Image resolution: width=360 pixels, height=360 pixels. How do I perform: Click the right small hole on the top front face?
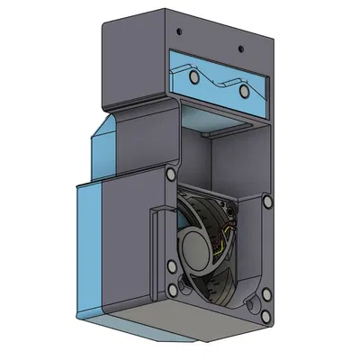point(241,47)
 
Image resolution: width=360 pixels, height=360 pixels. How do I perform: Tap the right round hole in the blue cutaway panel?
point(243,92)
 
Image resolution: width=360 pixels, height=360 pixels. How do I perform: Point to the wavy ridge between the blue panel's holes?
point(219,82)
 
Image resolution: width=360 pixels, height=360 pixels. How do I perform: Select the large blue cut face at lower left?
point(91,247)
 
